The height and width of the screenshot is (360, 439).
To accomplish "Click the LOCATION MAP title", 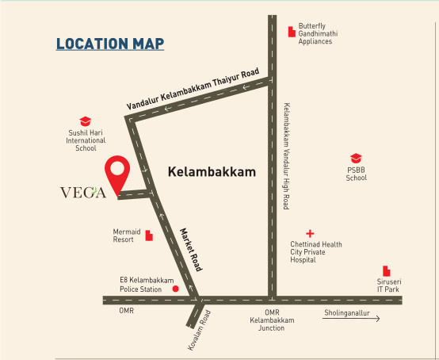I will point(109,44).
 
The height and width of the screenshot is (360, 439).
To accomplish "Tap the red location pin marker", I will point(119,174).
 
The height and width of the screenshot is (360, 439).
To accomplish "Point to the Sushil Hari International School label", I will point(86,140).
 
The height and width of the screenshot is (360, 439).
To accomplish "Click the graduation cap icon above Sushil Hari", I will point(86,121).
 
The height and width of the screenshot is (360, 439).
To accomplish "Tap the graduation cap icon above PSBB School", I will point(356,159).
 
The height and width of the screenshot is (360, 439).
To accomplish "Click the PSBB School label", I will point(356,174).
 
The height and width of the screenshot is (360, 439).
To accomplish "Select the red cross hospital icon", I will point(310,233).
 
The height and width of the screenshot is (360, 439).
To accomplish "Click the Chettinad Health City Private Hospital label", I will point(315,252).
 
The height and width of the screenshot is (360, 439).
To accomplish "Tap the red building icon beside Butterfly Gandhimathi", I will point(290,32).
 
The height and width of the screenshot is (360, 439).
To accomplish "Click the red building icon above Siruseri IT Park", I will point(386,270).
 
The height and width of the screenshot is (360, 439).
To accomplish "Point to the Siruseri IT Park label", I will point(391,285).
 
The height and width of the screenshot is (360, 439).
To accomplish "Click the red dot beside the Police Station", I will point(175,289).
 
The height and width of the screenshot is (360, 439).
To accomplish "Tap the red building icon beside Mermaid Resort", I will point(148,236).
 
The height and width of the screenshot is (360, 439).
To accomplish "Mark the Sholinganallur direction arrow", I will point(351,319).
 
